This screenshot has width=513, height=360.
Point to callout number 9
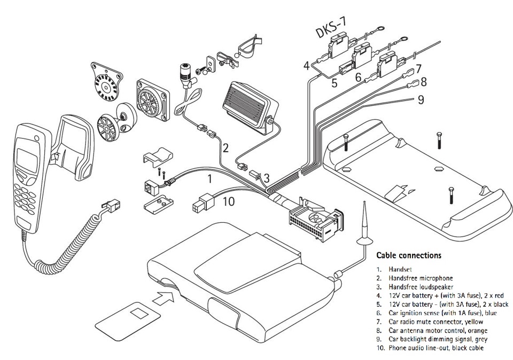pyautogui.click(x=421, y=99)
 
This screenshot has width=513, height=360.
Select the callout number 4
pyautogui.click(x=306, y=66)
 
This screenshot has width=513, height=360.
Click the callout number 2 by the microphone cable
pyautogui.click(x=226, y=147)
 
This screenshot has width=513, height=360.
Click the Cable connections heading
pyautogui.click(x=409, y=255)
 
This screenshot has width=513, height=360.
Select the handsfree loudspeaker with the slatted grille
pyautogui.click(x=247, y=105)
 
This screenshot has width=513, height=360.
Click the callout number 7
pyautogui.click(x=418, y=69)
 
